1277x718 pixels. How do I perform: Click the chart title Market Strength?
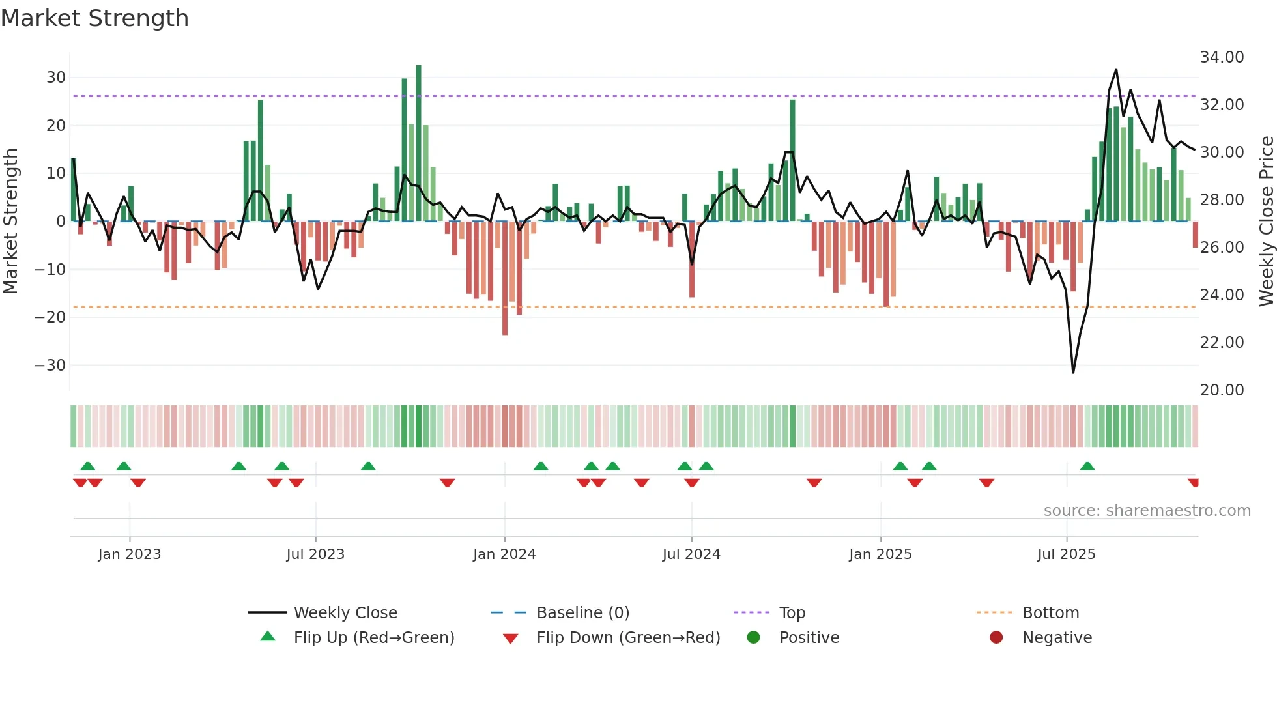94,18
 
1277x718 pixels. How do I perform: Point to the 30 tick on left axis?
56,78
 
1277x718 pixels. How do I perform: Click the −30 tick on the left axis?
51,366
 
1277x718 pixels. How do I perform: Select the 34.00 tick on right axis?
1222,57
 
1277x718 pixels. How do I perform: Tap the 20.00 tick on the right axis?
1222,390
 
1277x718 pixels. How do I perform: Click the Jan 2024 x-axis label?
504,554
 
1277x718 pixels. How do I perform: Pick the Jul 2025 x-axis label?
1066,554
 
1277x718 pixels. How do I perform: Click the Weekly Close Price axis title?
1266,222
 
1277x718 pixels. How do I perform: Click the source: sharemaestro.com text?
1147,511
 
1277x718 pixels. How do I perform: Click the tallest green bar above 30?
418,143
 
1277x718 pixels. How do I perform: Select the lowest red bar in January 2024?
505,280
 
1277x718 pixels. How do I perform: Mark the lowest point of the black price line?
1073,373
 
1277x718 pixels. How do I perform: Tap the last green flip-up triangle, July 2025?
1087,467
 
